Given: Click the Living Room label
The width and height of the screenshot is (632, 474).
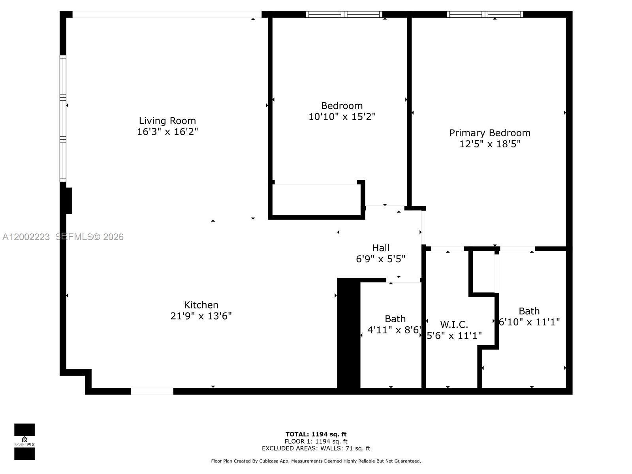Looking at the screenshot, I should click(x=167, y=120).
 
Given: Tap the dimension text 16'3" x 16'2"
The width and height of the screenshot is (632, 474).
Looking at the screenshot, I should click(x=167, y=132).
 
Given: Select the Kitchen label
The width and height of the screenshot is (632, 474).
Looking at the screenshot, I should click(x=201, y=305).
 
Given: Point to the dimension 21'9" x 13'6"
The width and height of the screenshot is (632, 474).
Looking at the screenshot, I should click(x=201, y=316).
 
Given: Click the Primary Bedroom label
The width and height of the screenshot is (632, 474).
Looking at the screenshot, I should click(x=490, y=133).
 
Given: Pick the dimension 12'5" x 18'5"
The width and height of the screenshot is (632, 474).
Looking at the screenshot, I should click(x=490, y=144).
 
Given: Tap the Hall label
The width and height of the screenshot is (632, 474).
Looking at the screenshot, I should click(x=381, y=248).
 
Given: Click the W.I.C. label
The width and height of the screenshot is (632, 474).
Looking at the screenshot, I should click(x=454, y=325).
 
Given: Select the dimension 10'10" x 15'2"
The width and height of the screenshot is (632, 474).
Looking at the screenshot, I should click(x=342, y=117).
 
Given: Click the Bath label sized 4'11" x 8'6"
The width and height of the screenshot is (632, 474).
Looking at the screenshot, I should click(x=395, y=319).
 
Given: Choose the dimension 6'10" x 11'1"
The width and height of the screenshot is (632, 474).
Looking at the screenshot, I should click(x=529, y=322).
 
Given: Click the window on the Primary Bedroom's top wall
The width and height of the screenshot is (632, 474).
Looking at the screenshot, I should click(x=485, y=15).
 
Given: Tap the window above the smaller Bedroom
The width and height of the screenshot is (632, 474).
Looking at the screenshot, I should click(x=344, y=15).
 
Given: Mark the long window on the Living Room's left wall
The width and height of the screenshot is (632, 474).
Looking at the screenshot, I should click(x=63, y=118).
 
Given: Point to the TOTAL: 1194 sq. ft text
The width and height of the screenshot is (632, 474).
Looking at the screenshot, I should click(x=316, y=434).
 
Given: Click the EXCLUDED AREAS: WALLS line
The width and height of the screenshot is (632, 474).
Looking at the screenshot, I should click(x=316, y=448).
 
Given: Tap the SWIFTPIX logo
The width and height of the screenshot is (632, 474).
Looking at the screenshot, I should click(x=24, y=442).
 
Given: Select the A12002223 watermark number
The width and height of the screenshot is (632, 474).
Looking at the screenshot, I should click(x=26, y=237).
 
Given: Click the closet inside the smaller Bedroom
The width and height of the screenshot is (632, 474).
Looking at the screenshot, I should click(x=316, y=200).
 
